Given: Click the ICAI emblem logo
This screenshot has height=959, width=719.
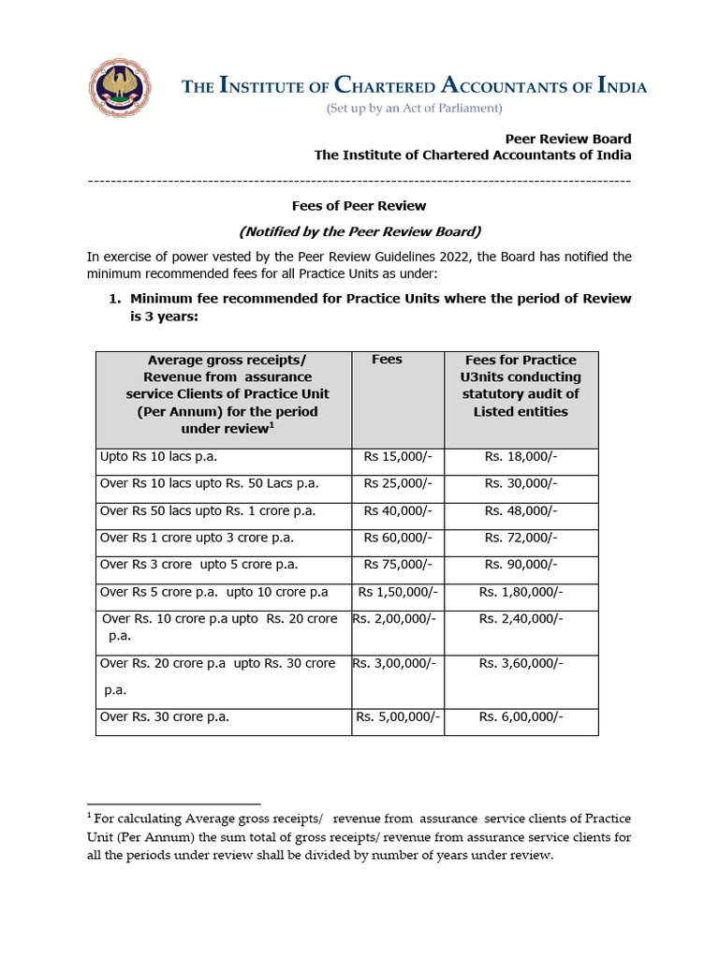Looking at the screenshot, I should point(120,86).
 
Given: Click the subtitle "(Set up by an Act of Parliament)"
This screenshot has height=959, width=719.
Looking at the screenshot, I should point(414,109).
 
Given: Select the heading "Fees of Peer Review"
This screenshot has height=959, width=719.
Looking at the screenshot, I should point(359,205).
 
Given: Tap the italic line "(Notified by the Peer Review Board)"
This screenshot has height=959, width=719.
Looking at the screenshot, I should point(359,230).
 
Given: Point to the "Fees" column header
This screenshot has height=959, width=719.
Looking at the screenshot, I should point(387,360).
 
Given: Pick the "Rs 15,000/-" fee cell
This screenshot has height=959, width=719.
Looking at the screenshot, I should point(398,457).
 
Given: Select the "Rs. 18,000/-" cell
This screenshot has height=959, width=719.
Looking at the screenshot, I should point(521,457).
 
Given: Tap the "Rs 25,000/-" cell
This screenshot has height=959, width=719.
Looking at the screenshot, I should point(398,484).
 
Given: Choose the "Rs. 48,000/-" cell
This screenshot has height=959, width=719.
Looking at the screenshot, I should point(521,511).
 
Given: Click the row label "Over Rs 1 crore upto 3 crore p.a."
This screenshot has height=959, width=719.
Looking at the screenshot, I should point(203,539).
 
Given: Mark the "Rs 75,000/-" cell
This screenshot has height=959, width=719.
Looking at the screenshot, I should point(398,565).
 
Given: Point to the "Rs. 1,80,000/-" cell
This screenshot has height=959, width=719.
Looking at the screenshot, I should point(521,592).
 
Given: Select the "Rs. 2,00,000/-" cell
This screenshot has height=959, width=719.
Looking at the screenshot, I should point(396,619).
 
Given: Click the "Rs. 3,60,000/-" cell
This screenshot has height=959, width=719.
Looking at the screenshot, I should point(521,663).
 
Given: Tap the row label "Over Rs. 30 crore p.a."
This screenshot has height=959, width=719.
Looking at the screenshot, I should point(165,717).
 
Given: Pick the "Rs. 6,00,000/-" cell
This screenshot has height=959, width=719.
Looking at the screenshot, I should point(521,717).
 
